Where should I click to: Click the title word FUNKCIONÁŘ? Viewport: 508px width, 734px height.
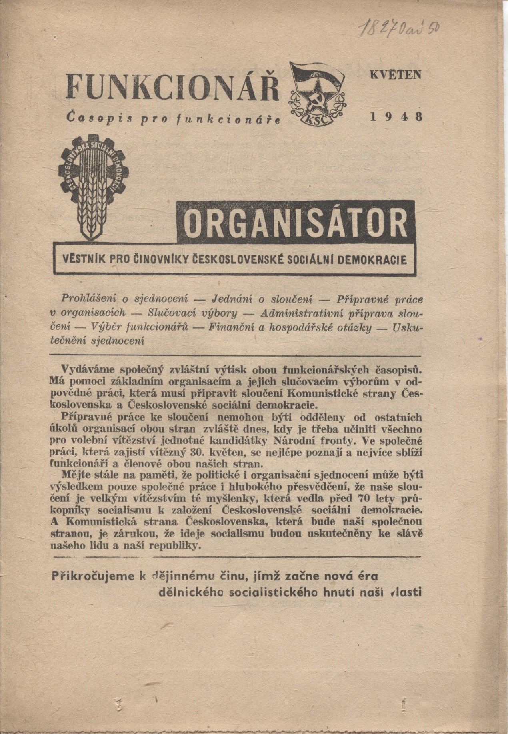[172, 86]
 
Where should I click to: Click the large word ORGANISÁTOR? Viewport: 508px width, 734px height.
[296, 222]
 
